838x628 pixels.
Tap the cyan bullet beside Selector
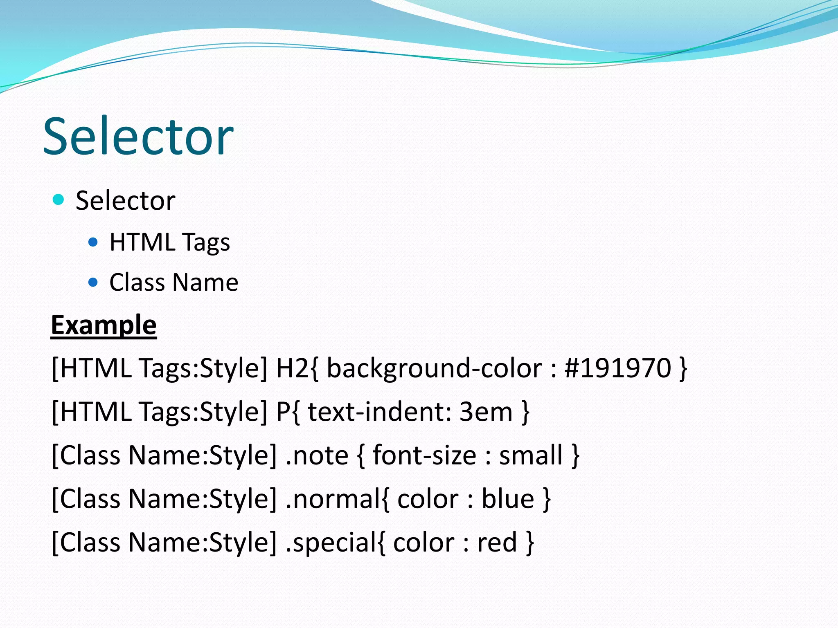tap(59, 200)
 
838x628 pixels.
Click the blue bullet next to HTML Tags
tap(93, 242)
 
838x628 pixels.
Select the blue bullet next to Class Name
tap(93, 282)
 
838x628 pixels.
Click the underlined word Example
tap(104, 325)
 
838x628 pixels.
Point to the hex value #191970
tap(618, 368)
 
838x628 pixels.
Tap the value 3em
tap(486, 411)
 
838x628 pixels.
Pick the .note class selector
tap(317, 455)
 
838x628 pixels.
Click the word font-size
tap(425, 455)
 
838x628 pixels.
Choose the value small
tap(531, 455)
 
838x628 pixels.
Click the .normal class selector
tap(333, 499)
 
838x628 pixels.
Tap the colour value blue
tap(508, 499)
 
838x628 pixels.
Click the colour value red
tap(497, 543)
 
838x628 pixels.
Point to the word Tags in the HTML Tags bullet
tap(206, 242)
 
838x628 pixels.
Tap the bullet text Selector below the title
tap(126, 200)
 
